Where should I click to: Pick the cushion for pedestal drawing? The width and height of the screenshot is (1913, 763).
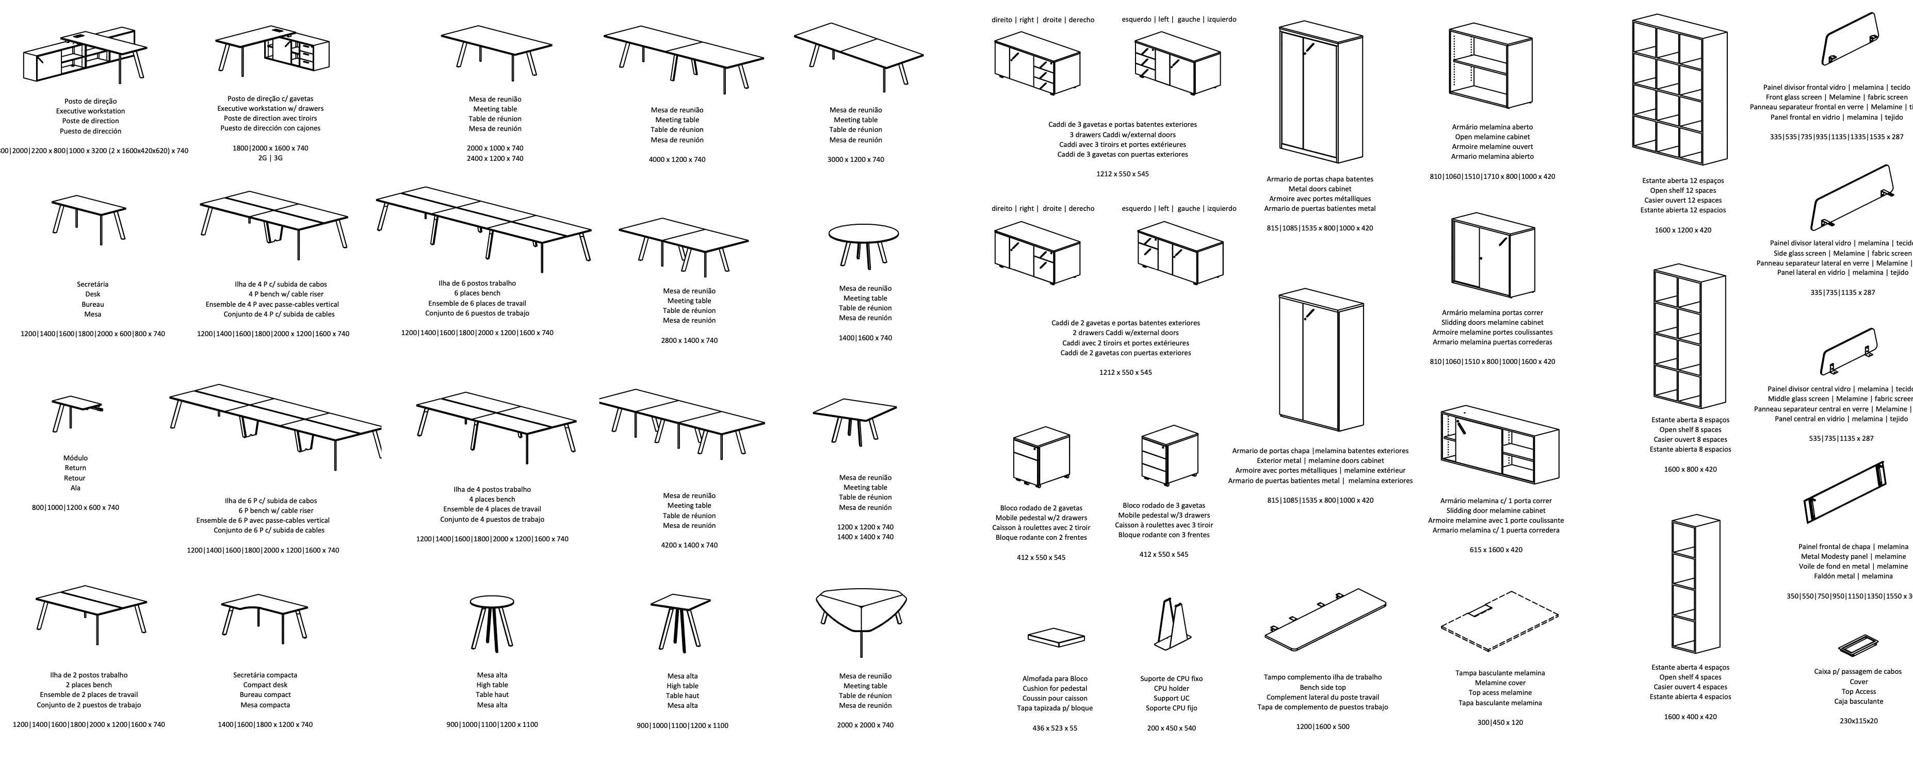pos(1055,637)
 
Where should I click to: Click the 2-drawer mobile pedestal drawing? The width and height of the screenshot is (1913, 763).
pos(1041,456)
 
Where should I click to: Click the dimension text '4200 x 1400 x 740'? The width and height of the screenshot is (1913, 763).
pos(689,545)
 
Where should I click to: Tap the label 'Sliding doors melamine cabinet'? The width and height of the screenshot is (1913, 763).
pos(1492,322)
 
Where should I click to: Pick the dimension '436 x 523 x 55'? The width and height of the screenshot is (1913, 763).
pos(1055,728)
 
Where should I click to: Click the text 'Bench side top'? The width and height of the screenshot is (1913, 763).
pos(1322,687)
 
